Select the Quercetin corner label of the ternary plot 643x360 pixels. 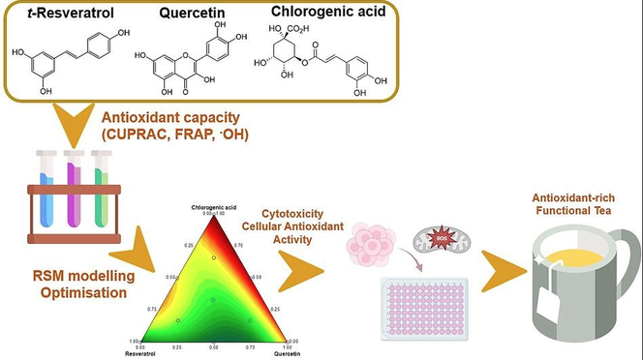287,353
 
